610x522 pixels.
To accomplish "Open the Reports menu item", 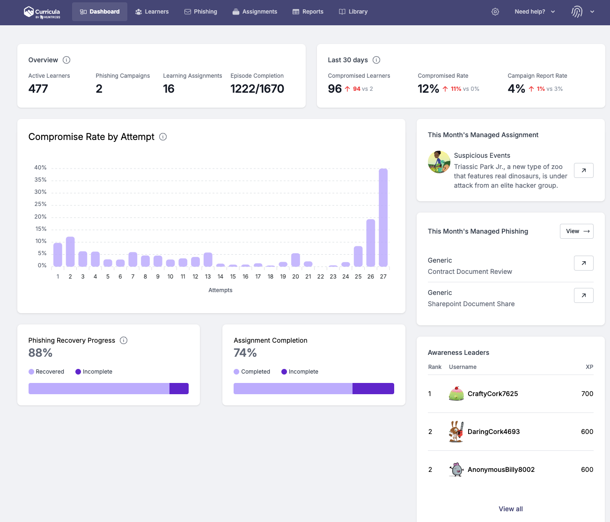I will [308, 12].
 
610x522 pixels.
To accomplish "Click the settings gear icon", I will [495, 12].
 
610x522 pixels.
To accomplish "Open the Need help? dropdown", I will [535, 12].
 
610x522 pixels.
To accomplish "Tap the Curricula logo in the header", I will [42, 12].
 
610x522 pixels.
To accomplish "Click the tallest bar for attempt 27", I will [383, 217].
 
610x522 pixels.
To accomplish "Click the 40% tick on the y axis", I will [40, 168].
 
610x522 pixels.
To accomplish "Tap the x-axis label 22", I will [320, 277].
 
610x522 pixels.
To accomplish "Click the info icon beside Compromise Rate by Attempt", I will [163, 137].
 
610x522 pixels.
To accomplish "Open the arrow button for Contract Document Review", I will [583, 263].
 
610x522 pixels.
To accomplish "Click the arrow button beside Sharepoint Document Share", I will [583, 295].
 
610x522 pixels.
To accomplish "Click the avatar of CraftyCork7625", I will [456, 394].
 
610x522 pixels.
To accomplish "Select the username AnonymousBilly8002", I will [501, 470].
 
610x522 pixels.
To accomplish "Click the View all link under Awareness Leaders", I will [510, 509].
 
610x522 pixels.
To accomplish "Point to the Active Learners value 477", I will [38, 89].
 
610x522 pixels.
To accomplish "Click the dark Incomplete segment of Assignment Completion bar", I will [373, 389].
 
